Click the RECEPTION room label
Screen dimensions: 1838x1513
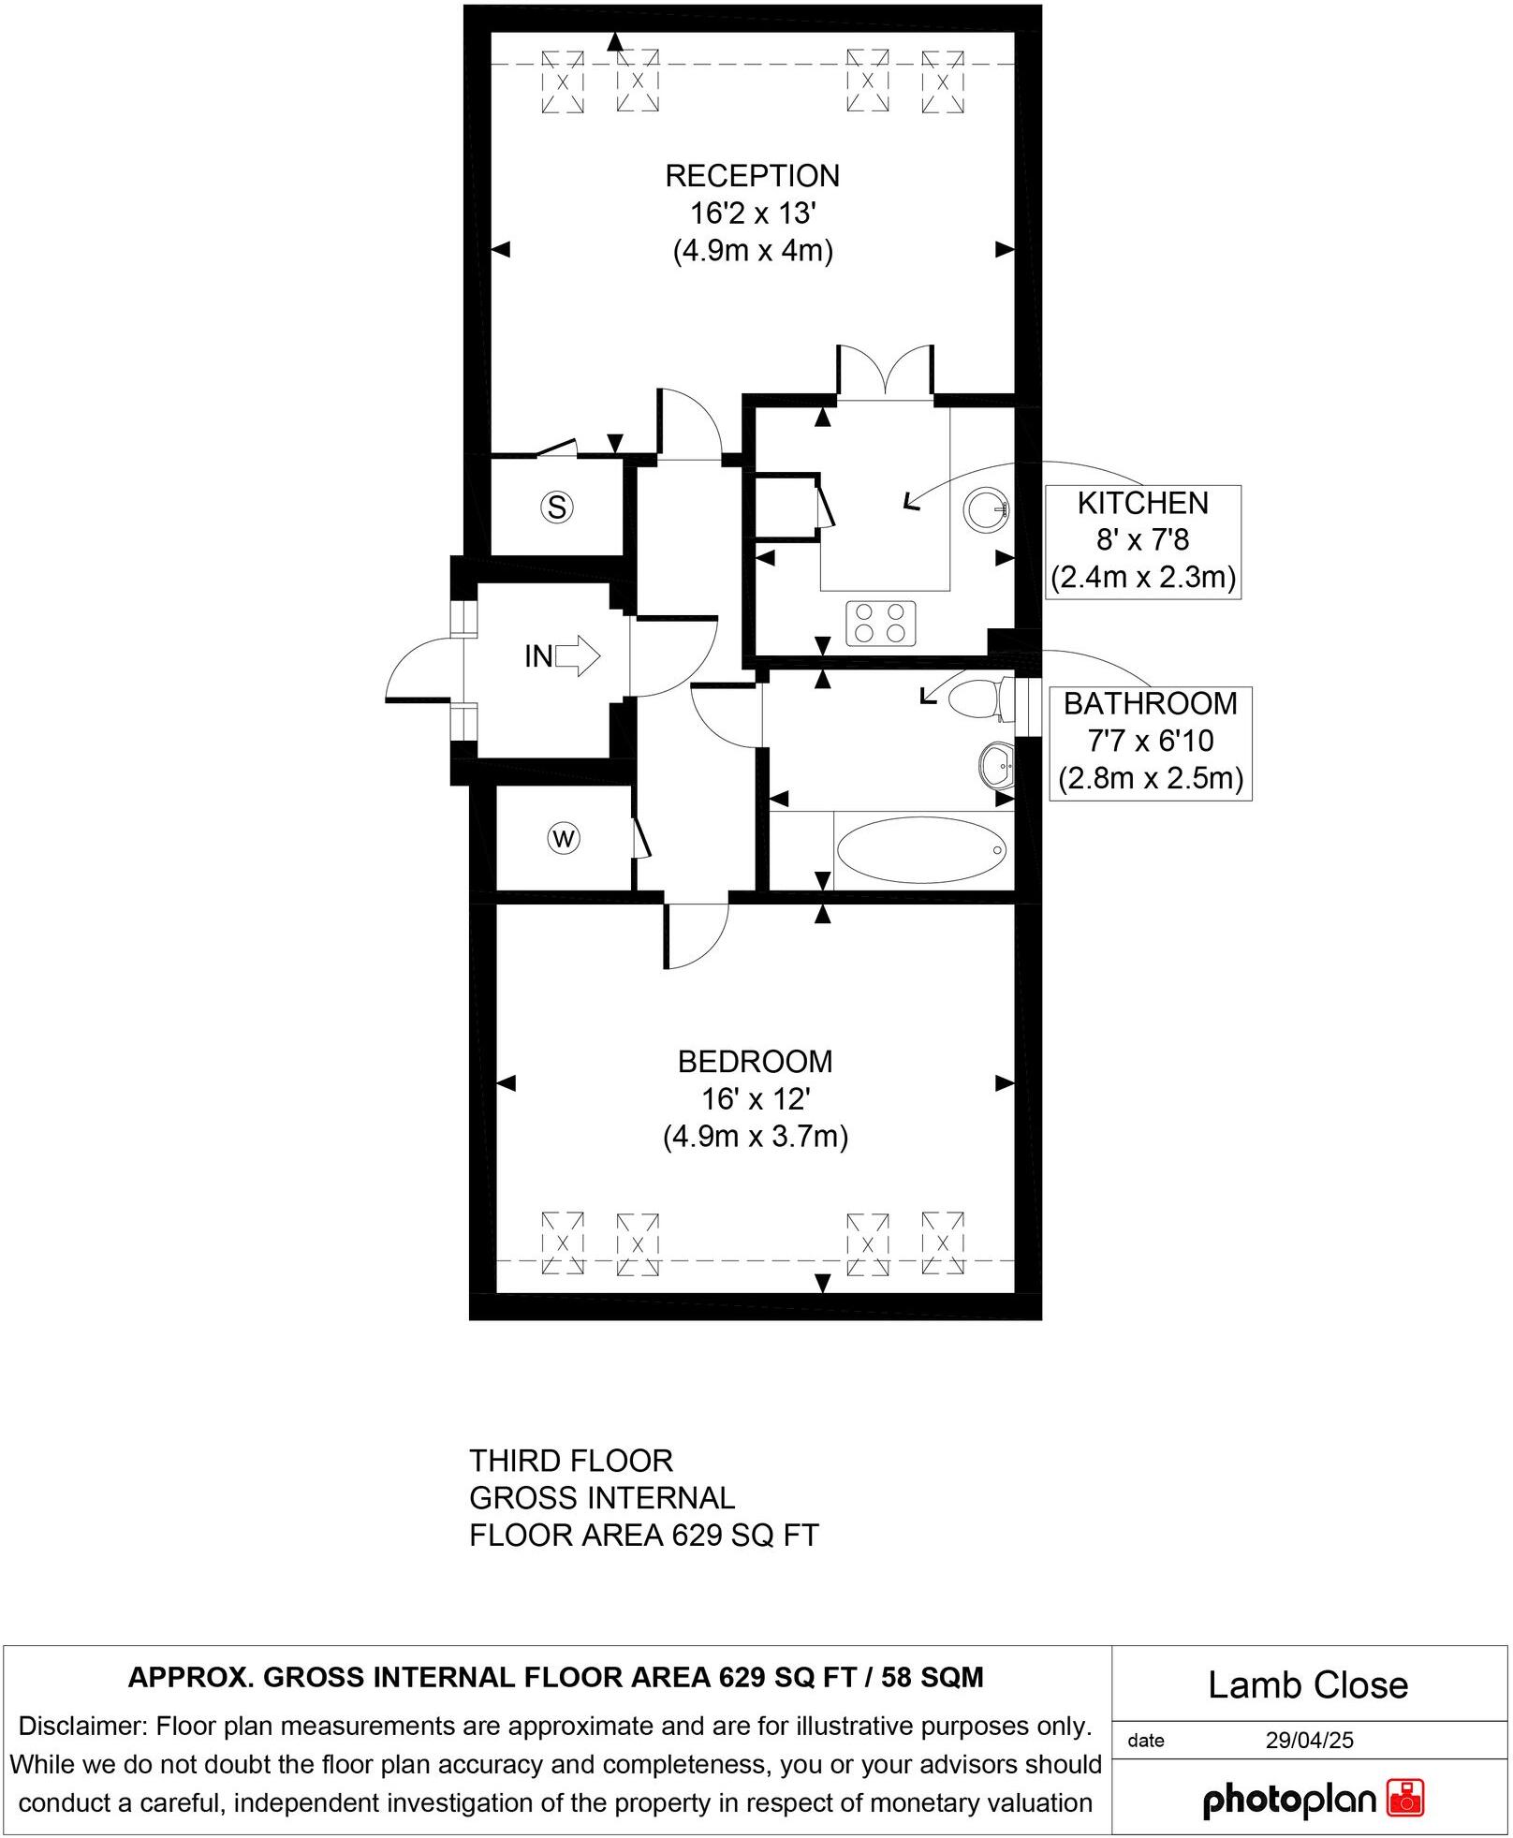point(752,176)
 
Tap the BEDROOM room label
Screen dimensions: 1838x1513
point(755,1062)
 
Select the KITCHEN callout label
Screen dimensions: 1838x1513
point(1142,504)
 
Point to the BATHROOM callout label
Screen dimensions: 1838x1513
point(1150,704)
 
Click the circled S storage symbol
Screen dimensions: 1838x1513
point(557,507)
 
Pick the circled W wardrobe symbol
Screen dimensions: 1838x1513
point(564,838)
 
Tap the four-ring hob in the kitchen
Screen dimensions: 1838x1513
point(880,624)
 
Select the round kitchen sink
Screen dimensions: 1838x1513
point(986,510)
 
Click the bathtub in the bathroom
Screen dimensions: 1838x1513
point(922,850)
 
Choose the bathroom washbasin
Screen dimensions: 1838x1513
point(996,766)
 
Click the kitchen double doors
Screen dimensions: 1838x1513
point(885,373)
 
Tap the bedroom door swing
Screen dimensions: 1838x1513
point(695,935)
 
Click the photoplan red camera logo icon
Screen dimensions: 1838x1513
point(1404,1799)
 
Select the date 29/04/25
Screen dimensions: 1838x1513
point(1309,1740)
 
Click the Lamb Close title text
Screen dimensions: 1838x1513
point(1307,1685)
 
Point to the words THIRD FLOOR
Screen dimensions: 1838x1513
point(571,1461)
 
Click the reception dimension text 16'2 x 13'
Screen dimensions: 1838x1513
point(753,213)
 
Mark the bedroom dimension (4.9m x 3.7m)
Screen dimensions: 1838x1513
point(755,1137)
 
